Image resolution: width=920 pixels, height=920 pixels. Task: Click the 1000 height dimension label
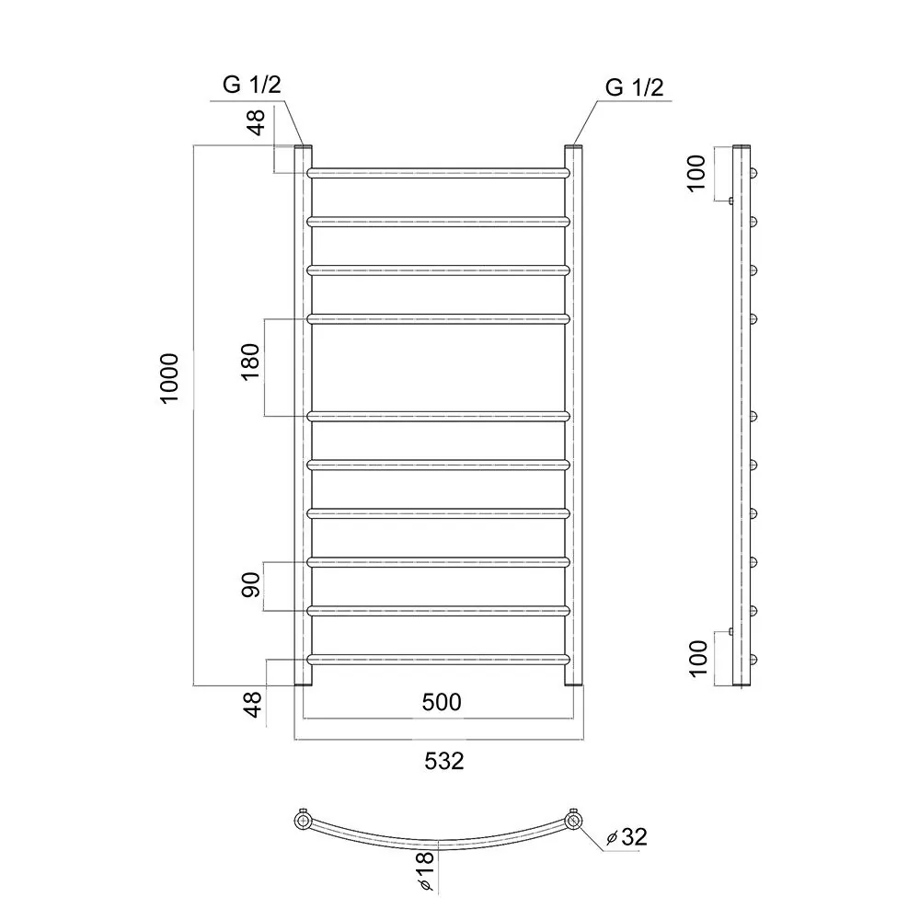coord(169,378)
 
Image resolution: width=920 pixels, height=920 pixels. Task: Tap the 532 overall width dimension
coord(444,761)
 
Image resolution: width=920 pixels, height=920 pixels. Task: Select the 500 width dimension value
coord(442,702)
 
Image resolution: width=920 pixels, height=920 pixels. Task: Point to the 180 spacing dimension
coord(250,362)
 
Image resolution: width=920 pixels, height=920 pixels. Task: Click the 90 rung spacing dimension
coord(250,585)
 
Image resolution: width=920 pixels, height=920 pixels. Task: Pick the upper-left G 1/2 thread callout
coord(252,85)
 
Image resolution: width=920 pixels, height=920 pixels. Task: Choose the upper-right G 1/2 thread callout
coord(634,87)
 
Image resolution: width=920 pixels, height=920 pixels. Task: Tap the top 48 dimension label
coord(257,122)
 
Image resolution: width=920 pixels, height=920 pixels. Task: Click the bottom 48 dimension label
coord(252,704)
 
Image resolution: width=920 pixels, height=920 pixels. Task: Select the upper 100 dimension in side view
coord(696,173)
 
